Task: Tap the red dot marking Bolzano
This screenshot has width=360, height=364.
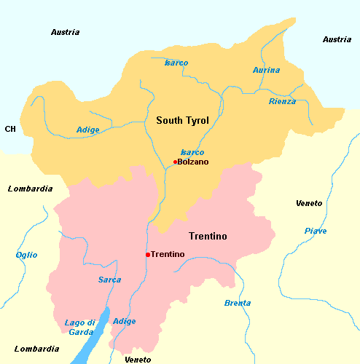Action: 175,162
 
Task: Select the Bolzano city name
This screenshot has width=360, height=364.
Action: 193,162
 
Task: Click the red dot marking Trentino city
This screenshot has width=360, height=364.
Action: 147,255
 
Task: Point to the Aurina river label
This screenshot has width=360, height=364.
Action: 266,70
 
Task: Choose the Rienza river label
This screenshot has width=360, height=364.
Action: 282,101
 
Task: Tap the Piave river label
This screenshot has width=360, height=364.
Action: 316,231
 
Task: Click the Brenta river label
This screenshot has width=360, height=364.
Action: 238,303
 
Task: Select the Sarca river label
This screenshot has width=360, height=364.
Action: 109,280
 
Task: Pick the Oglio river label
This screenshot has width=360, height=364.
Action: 26,255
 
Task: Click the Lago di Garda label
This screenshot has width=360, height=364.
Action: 79,328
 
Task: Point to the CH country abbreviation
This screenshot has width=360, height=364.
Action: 10,129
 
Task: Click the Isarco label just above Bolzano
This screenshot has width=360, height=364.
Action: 192,152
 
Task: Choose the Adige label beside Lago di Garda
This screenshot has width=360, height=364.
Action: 125,321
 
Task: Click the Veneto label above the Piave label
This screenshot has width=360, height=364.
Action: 309,203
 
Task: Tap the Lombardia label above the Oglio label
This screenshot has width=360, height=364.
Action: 30,189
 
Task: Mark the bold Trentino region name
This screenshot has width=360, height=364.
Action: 208,237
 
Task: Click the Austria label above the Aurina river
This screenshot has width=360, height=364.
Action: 337,39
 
